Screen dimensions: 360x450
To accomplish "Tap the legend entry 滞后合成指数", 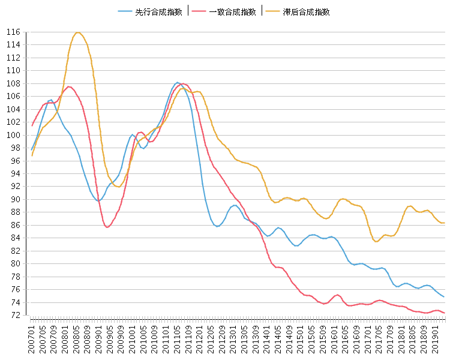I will [306, 11].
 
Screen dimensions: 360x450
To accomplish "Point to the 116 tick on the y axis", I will [14, 32].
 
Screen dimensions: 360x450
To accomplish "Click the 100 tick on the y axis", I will [14, 135].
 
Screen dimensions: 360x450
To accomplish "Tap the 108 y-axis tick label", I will [14, 83].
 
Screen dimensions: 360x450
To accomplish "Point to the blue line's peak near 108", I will [178, 82].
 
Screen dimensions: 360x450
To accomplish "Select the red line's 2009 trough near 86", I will [107, 227].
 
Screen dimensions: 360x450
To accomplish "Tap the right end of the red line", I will [444, 313].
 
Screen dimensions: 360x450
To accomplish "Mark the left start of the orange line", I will [32, 155].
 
